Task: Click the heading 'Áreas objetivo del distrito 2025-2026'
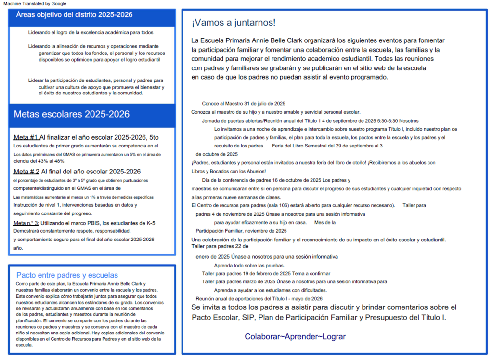[74, 15]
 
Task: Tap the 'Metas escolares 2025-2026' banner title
[71, 114]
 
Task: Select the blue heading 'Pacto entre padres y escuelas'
[67, 275]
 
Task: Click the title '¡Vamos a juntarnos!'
[234, 23]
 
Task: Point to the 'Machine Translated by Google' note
[35, 3]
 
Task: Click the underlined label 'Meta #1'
[26, 137]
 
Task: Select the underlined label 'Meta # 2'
[26, 172]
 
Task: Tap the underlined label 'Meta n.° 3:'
[26, 223]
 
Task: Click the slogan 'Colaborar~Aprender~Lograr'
[295, 337]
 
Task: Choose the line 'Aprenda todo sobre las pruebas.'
[249, 266]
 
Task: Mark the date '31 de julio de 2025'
[265, 104]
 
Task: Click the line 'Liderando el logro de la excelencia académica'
[91, 33]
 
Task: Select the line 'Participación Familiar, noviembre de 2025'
[241, 231]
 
